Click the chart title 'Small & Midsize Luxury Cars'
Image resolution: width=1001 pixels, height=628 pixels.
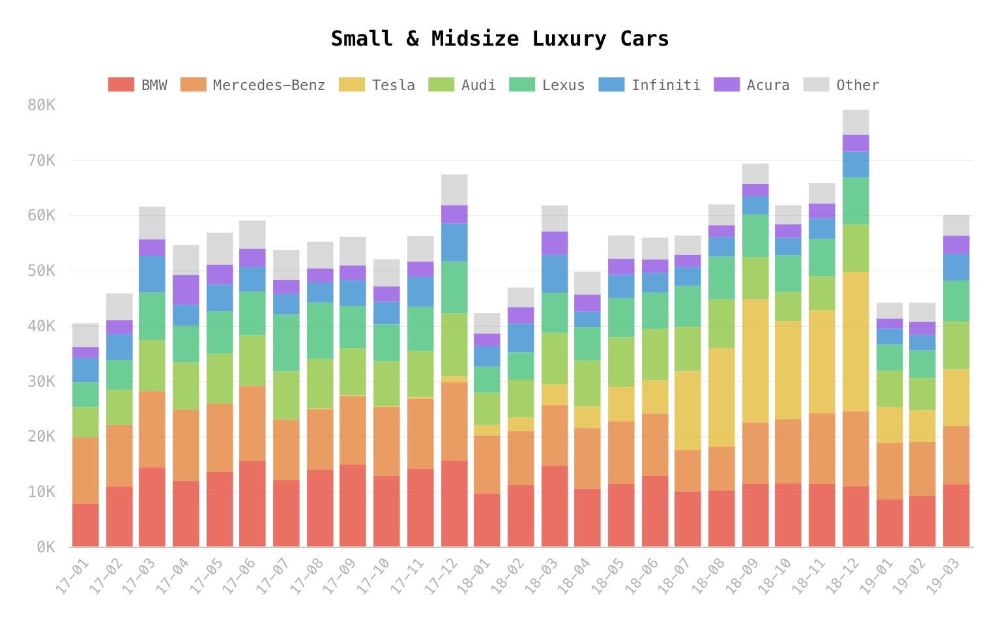coord(500,39)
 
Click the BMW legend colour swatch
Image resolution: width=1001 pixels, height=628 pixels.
coord(121,85)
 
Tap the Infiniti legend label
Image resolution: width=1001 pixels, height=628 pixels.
coord(665,85)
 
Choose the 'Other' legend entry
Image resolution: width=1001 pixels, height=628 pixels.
coord(857,85)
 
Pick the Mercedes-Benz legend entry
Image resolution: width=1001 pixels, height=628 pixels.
coord(268,85)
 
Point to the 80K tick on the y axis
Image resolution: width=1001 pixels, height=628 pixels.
coord(41,105)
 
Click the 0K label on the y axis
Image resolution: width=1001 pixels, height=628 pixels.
coord(45,547)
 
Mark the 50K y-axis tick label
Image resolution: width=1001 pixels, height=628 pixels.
coord(41,271)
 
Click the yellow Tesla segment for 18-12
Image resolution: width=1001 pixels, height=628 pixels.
coord(856,341)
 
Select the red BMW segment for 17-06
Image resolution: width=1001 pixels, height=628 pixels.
coord(252,503)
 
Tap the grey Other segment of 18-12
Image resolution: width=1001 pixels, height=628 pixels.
coord(856,122)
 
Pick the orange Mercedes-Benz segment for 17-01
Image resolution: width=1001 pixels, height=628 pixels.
coord(85,470)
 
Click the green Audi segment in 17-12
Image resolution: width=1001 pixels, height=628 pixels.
coord(454,344)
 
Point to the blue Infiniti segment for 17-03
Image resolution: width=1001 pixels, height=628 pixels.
coord(152,274)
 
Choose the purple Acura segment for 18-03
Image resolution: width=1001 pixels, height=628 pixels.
coord(555,243)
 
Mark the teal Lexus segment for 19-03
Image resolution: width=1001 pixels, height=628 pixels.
coord(956,301)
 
